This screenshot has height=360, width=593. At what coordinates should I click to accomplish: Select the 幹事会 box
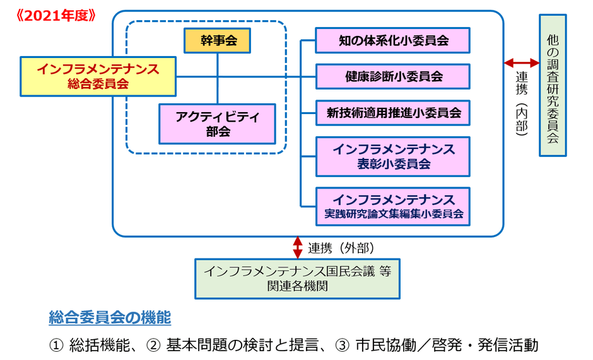(x=218, y=41)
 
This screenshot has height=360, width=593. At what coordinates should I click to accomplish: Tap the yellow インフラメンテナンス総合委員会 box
(x=98, y=75)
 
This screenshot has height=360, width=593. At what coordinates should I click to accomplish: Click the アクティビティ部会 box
(x=218, y=123)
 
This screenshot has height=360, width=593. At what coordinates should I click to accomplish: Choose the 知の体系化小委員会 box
(x=393, y=40)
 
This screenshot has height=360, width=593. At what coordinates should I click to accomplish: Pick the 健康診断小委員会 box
(x=393, y=76)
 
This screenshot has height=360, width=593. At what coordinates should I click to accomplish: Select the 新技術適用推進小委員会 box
(x=393, y=113)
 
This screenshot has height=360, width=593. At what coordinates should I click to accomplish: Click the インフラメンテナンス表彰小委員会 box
(x=393, y=156)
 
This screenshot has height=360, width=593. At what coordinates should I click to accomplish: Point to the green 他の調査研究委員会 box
(x=553, y=85)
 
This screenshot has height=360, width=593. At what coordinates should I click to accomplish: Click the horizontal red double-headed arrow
(x=522, y=62)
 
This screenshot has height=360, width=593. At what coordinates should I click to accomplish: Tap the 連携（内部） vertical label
(x=522, y=101)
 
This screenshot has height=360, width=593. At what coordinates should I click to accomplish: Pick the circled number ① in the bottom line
(x=56, y=345)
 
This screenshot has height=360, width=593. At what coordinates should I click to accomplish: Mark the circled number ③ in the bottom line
(x=341, y=345)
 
